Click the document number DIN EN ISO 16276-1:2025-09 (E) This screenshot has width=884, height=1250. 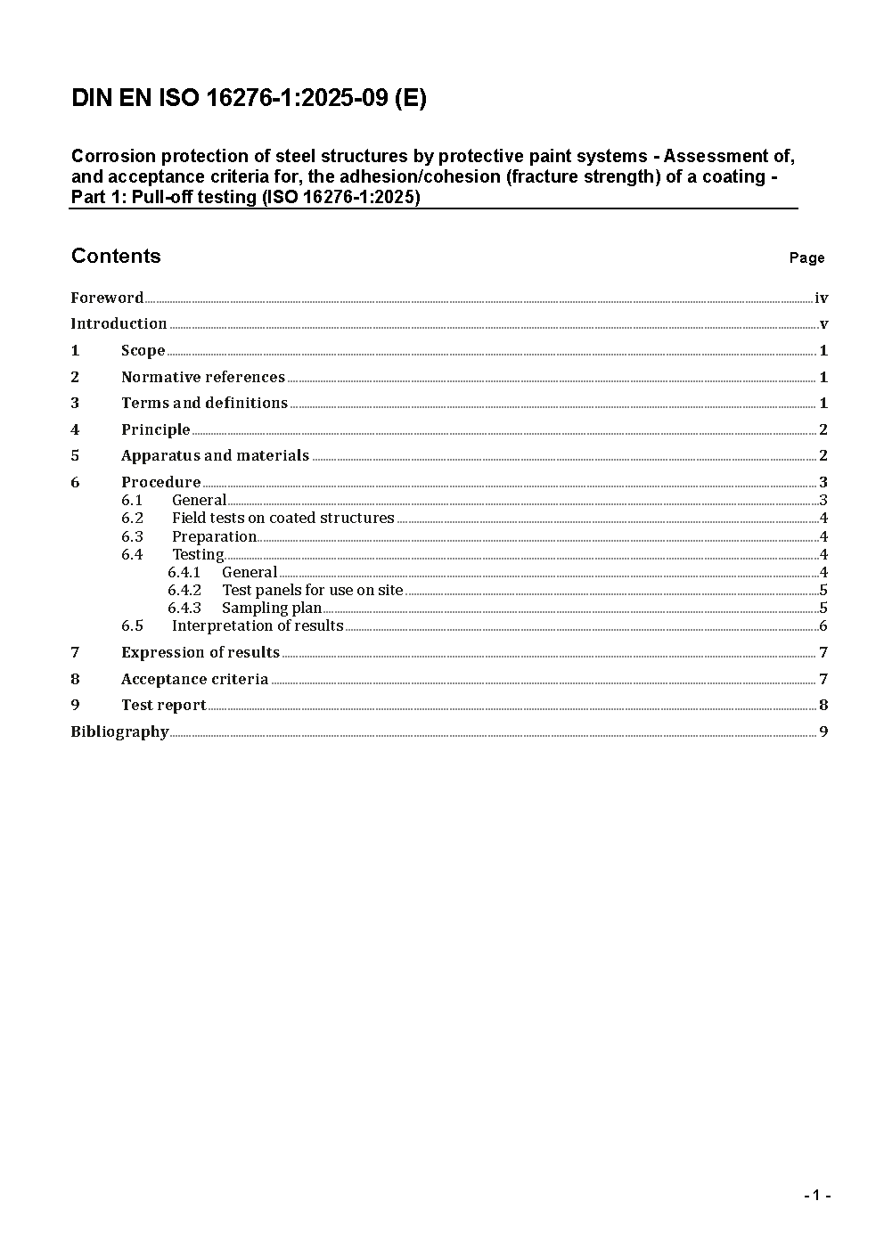click(x=249, y=99)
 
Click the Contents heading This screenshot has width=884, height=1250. click(x=116, y=257)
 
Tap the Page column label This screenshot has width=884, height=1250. click(x=806, y=258)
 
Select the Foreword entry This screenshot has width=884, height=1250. click(x=107, y=298)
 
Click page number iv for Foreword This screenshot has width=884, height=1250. click(x=821, y=298)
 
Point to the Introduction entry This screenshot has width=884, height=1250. click(x=119, y=323)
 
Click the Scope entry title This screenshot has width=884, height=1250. click(x=143, y=350)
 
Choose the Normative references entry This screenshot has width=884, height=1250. click(x=202, y=377)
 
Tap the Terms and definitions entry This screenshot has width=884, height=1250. click(x=204, y=403)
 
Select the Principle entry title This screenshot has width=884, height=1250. click(x=155, y=429)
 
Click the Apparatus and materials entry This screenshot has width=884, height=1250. click(x=215, y=455)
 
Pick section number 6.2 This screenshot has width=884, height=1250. click(x=132, y=518)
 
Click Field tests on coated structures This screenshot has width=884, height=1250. click(x=282, y=518)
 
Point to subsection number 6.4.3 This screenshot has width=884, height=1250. click(x=184, y=608)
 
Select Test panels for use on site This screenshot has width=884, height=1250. click(x=312, y=590)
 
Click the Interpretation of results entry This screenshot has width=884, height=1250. click(x=257, y=625)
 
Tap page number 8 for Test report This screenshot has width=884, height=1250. click(x=823, y=705)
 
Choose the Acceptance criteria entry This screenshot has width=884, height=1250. click(x=194, y=679)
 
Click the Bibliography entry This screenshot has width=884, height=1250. click(x=119, y=731)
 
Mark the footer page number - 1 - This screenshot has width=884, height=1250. click(x=816, y=1195)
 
